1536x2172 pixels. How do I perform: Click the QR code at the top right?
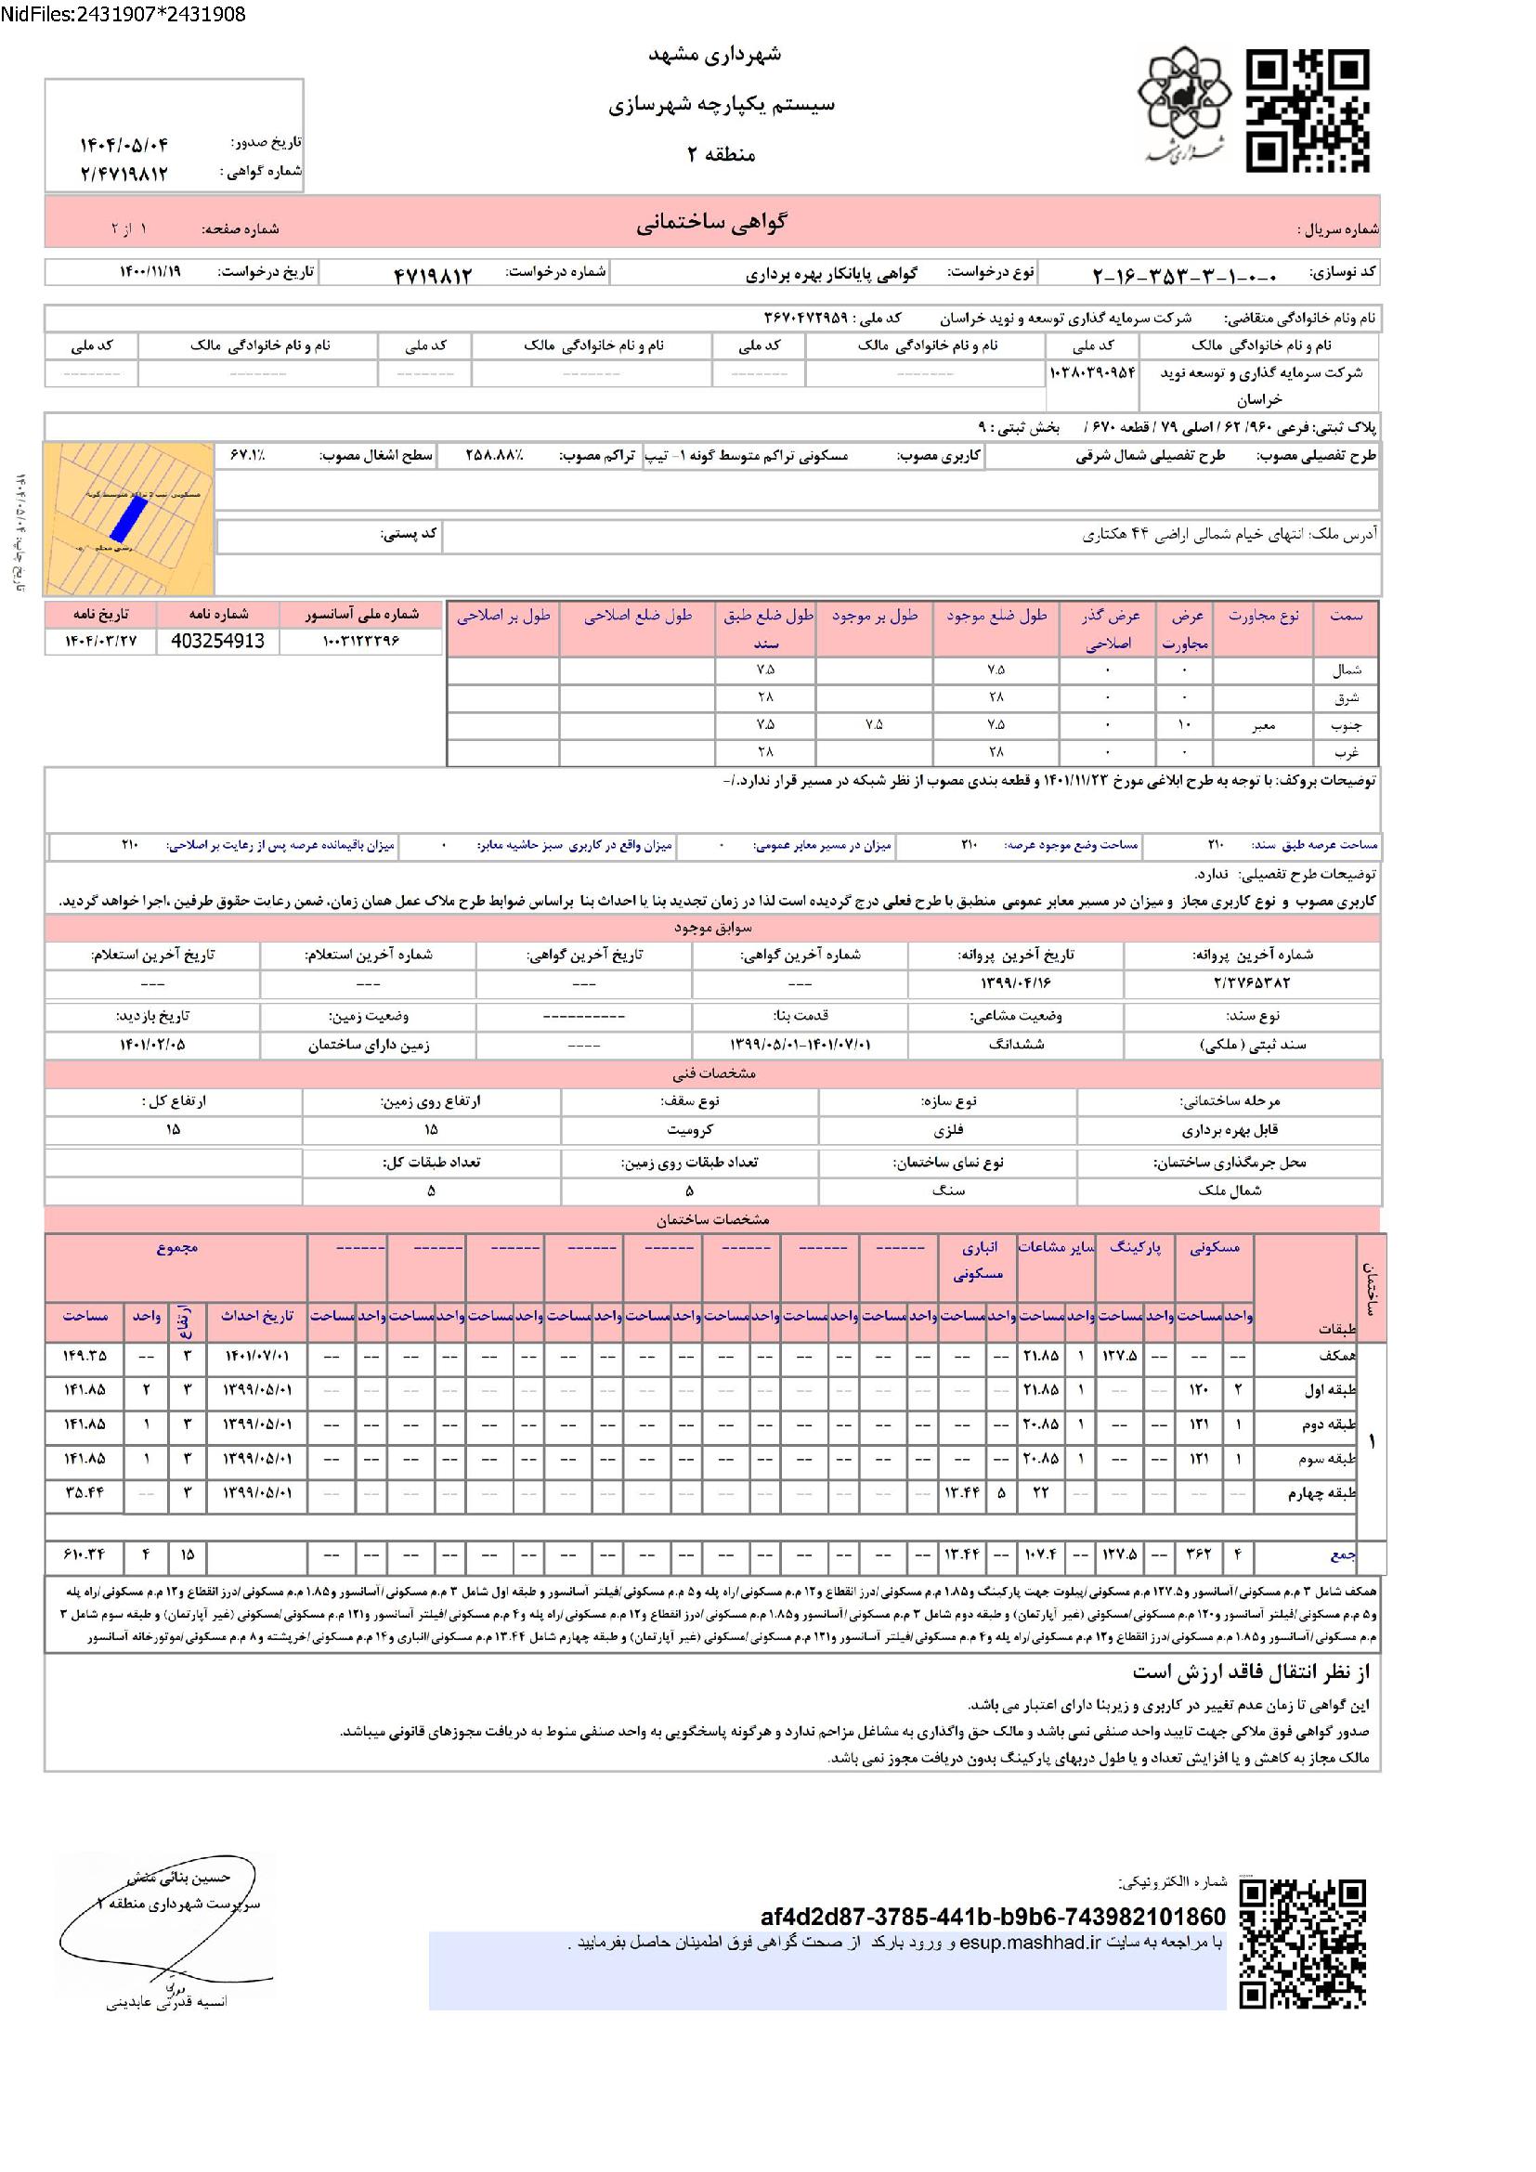point(1308,111)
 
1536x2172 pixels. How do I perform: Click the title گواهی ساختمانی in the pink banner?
point(711,223)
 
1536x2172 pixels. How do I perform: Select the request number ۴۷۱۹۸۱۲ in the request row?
point(432,274)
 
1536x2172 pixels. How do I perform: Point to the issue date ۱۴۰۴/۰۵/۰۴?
point(123,144)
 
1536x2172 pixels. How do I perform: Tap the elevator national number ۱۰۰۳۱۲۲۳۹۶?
point(362,642)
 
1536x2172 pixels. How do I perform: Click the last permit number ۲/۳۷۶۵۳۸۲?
point(1251,982)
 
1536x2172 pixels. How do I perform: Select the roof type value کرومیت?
point(689,1129)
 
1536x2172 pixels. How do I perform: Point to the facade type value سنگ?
point(948,1190)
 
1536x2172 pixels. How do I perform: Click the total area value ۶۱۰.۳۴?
point(85,1554)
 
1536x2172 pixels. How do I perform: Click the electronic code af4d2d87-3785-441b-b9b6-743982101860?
point(993,1918)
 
